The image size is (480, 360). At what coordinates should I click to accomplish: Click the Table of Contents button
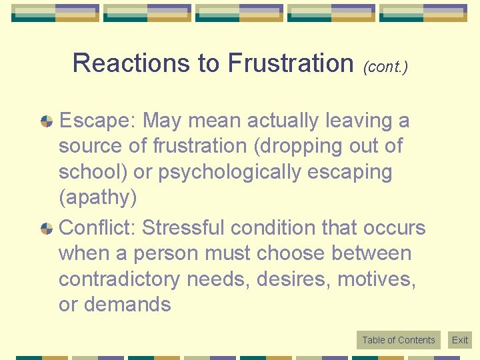tap(398, 340)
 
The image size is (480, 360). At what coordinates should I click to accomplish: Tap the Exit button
tap(460, 340)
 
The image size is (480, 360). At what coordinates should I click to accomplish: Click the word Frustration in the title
tap(290, 63)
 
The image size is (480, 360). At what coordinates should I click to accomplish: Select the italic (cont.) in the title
tap(385, 67)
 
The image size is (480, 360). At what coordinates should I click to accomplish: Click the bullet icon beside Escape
tap(47, 121)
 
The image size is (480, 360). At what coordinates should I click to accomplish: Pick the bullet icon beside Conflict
tap(47, 228)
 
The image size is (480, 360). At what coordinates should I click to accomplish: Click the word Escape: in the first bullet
tap(99, 121)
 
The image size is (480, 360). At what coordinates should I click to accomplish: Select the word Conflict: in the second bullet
tap(99, 228)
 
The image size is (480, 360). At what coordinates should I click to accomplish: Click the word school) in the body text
tap(93, 172)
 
